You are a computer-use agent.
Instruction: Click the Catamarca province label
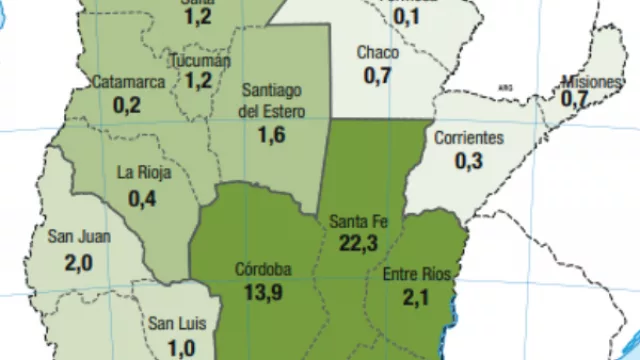coord(128,82)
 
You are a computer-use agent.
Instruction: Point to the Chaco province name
coord(378,52)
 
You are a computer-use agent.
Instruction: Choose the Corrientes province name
coord(468,139)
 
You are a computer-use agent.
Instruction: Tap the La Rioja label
coord(144,172)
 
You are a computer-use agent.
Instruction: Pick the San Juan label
coord(79,237)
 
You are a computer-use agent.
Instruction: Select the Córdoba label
coord(263,269)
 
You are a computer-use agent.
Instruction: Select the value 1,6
coord(273,135)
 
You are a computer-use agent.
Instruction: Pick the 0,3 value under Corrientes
coord(469,160)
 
